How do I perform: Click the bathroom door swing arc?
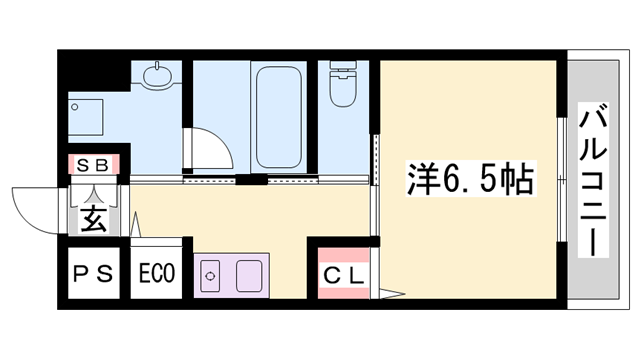210,150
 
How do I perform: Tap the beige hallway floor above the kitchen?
250,215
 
